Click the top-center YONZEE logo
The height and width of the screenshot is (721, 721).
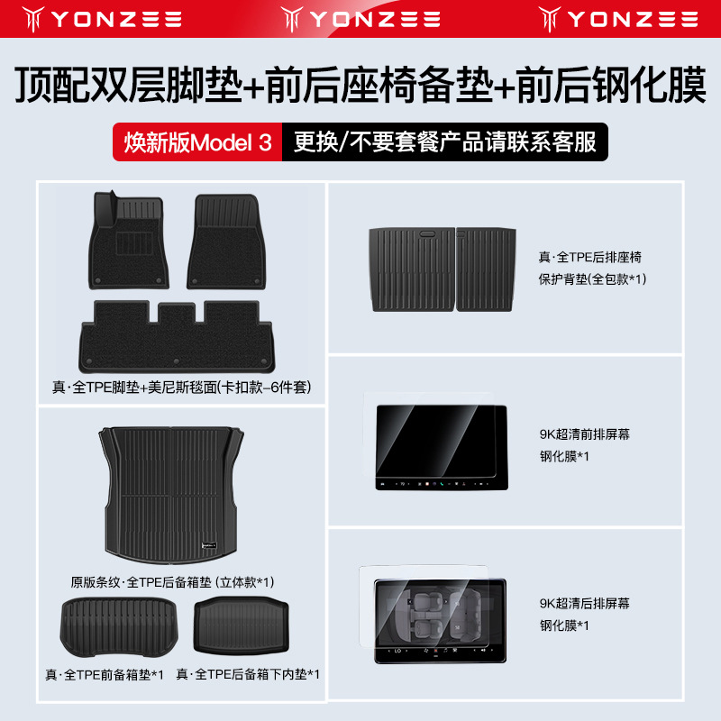(x=360, y=17)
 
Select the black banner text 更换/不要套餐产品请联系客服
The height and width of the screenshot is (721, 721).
(x=439, y=142)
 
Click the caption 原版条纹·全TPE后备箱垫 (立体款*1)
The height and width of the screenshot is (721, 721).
(x=173, y=581)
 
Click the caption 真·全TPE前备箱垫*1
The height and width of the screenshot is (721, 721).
(x=113, y=673)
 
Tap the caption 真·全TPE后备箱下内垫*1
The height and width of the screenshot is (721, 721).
(x=248, y=673)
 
